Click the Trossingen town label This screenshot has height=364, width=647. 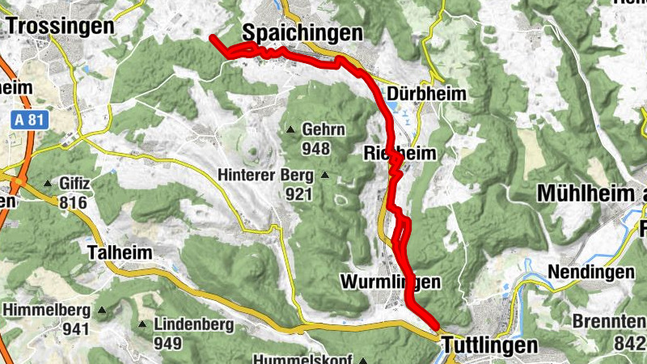click(60, 26)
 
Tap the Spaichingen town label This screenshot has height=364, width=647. click(302, 32)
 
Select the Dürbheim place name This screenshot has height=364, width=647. click(427, 95)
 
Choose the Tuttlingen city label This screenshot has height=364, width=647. click(489, 345)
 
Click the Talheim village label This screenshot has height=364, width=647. click(120, 252)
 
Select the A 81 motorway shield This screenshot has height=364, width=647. click(31, 120)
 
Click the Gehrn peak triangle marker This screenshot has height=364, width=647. click(291, 130)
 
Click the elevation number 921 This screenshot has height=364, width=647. click(298, 193)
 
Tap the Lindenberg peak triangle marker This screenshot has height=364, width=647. click(142, 325)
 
